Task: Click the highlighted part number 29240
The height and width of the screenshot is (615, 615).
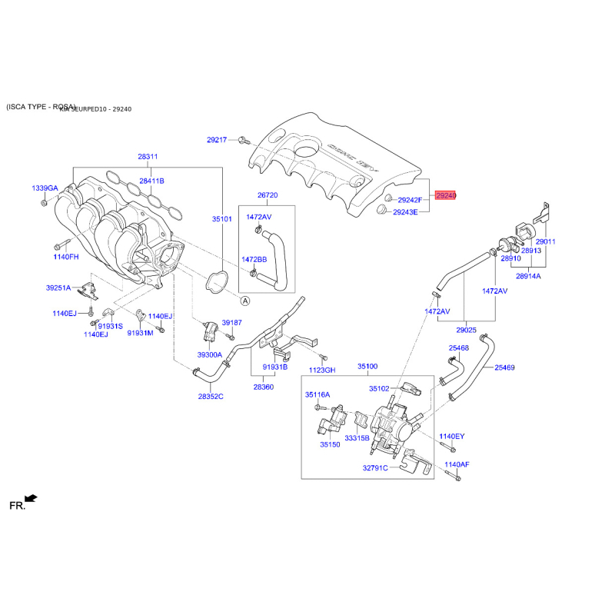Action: point(446,196)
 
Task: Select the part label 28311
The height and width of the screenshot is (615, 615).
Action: point(148,157)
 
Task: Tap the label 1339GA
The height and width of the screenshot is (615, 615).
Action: point(44,188)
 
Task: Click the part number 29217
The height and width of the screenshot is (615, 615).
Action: point(217,140)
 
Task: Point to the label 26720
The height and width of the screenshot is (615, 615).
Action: point(267,195)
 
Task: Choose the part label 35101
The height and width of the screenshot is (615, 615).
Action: point(221,219)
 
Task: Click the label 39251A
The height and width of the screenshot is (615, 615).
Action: point(58,288)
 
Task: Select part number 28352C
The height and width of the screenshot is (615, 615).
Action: point(210,397)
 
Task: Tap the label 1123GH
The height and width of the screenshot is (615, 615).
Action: point(322,371)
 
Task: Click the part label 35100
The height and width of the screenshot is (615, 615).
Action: point(368,367)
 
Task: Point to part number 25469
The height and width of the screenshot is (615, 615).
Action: point(504,368)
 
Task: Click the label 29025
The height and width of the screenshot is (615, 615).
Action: point(467,331)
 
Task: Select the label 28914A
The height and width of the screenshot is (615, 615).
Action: point(528,275)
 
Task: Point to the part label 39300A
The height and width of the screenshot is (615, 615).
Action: point(209,355)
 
